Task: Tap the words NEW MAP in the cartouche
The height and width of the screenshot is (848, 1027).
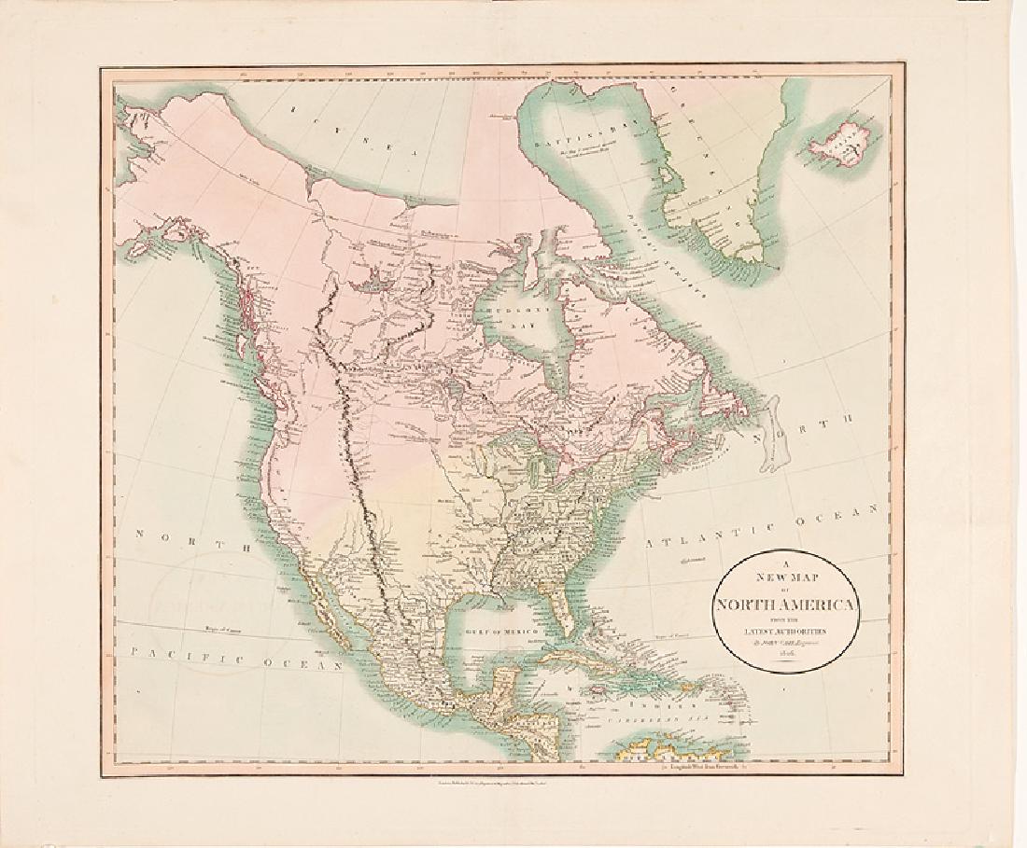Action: click(785, 577)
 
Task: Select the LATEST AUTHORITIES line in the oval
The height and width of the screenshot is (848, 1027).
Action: click(786, 635)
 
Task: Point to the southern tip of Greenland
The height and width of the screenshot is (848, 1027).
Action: click(748, 254)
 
